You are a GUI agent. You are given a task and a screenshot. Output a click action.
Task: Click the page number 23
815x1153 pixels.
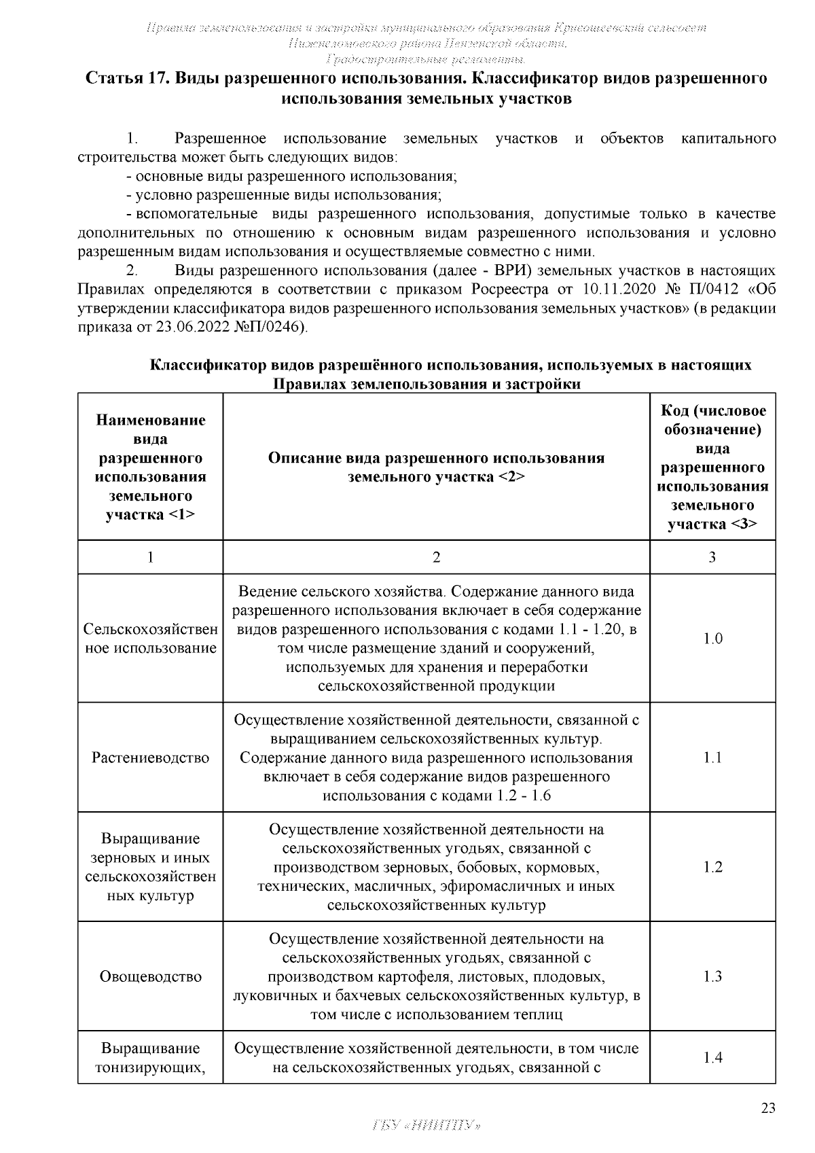click(767, 1107)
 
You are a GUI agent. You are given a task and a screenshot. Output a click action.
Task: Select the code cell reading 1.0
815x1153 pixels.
click(712, 638)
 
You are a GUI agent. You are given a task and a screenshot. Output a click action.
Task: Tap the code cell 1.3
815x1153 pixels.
click(712, 976)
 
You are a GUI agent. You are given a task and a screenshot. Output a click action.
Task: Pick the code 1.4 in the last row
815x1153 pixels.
click(712, 1057)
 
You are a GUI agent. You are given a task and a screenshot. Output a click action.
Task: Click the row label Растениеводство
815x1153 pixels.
click(150, 758)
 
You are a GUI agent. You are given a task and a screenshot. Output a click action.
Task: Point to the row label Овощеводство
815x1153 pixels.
click(150, 976)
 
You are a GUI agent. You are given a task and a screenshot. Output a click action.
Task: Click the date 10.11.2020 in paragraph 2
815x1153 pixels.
click(618, 289)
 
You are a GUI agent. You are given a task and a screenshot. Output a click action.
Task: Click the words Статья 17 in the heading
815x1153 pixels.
click(127, 78)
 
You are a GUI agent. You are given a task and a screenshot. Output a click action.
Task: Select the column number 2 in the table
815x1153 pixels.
click(436, 557)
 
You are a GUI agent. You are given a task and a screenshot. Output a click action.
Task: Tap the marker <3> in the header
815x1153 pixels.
click(744, 524)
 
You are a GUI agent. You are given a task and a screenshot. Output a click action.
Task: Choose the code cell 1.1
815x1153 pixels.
click(712, 758)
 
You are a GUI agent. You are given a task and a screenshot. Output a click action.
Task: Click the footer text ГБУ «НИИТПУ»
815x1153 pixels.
click(427, 1124)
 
